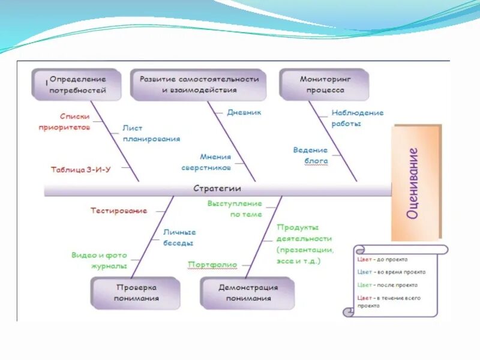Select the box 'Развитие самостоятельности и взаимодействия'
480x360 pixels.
199,85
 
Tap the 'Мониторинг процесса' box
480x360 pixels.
325,85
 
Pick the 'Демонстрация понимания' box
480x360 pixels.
248,293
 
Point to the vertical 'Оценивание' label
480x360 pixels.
413,183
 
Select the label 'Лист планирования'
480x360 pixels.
151,133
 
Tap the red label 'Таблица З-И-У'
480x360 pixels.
81,169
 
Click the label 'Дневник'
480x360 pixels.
244,112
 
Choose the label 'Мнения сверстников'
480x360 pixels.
206,163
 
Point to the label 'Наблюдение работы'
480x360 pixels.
356,118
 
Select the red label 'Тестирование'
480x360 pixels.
119,211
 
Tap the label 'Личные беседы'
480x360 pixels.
179,238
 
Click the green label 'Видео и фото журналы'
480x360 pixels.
99,260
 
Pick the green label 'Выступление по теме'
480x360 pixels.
235,209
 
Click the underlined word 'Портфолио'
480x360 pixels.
212,265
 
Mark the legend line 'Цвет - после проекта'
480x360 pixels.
387,285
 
